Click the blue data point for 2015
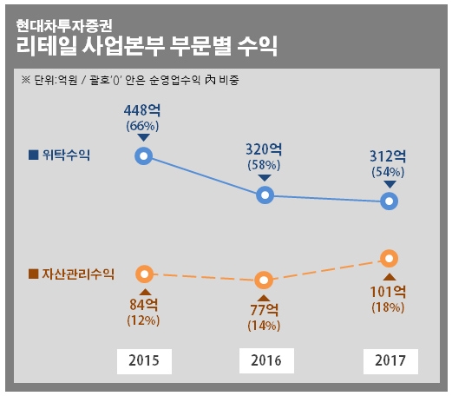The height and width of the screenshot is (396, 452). coord(144,156)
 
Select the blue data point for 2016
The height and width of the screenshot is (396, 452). coord(266,195)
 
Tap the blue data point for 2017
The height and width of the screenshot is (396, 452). coord(390,201)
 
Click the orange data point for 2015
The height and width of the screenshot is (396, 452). coord(144,274)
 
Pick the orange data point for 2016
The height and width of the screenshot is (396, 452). coord(266,280)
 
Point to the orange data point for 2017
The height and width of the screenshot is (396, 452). coord(390,258)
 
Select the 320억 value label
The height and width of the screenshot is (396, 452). coord(264,148)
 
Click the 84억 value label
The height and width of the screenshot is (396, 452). coord(144,304)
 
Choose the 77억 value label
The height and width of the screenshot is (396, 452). coord(264,310)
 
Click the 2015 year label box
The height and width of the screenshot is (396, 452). coord(144,360)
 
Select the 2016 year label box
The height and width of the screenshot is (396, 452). coord(266,360)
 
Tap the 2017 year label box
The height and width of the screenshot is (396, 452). coord(390,360)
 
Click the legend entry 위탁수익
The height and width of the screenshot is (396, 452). coord(60,155)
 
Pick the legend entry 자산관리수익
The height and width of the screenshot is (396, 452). coord(72,274)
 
